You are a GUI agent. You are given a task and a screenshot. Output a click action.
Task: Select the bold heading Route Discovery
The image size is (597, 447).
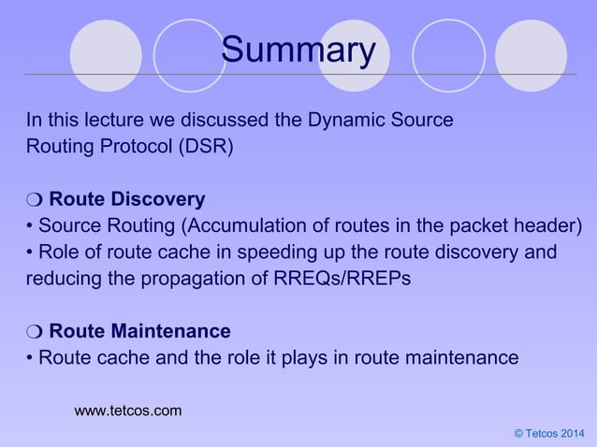(126, 200)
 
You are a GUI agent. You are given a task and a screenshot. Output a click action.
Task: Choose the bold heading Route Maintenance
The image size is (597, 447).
(139, 331)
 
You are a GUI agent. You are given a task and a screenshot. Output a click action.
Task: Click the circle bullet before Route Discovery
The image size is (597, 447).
(34, 200)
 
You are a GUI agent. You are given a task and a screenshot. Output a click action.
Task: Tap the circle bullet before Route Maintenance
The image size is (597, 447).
(34, 331)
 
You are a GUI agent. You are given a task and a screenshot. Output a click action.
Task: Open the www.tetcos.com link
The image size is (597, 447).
(128, 410)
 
